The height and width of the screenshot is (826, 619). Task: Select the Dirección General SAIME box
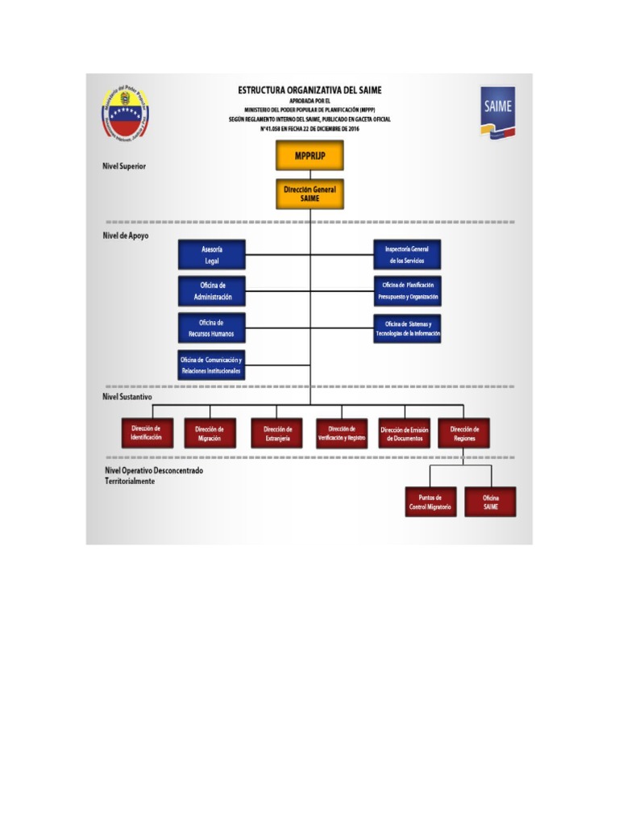point(309,194)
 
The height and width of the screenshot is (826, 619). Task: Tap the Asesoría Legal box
point(211,255)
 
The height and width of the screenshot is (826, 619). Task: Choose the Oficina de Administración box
point(211,291)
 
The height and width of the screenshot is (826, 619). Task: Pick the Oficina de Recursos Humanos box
point(211,328)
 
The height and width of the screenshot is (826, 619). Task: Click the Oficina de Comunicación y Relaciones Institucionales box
point(211,365)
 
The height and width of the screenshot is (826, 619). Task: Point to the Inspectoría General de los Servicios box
point(407,255)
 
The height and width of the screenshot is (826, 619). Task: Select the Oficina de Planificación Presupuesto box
point(407,291)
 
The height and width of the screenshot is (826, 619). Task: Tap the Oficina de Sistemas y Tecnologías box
point(407,328)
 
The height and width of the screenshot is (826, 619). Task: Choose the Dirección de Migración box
point(210,433)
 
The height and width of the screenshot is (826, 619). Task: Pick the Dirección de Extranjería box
point(276,433)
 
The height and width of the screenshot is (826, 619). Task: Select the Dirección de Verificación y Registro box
point(342,433)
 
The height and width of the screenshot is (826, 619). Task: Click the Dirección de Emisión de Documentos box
point(405,433)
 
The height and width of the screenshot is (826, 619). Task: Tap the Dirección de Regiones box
point(464,433)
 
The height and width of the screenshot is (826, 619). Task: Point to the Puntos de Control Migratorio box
point(430,502)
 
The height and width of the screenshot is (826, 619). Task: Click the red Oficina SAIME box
point(490,502)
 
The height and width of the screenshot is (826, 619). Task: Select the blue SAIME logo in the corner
point(497,111)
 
